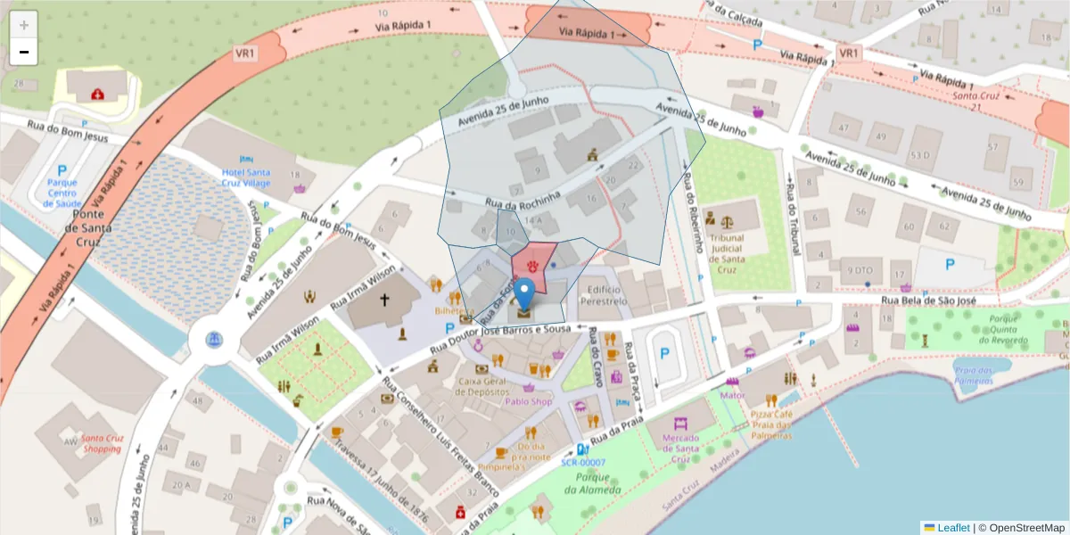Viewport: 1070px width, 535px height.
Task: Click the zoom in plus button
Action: [x=24, y=25]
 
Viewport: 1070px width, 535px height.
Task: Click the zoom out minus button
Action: [x=24, y=52]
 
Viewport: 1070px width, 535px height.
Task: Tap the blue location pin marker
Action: [x=526, y=293]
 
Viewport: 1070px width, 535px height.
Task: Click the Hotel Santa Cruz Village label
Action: [x=246, y=177]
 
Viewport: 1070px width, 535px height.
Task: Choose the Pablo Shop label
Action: [x=529, y=401]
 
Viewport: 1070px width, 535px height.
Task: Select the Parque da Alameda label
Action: [x=592, y=482]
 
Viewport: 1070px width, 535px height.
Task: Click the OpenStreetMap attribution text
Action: [x=1022, y=528]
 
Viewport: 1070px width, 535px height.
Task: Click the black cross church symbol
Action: [x=384, y=300]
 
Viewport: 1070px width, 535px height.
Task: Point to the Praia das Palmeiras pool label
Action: [x=973, y=375]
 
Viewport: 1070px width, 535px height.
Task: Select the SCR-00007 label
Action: [x=583, y=463]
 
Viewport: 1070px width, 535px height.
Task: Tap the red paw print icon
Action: [x=533, y=266]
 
